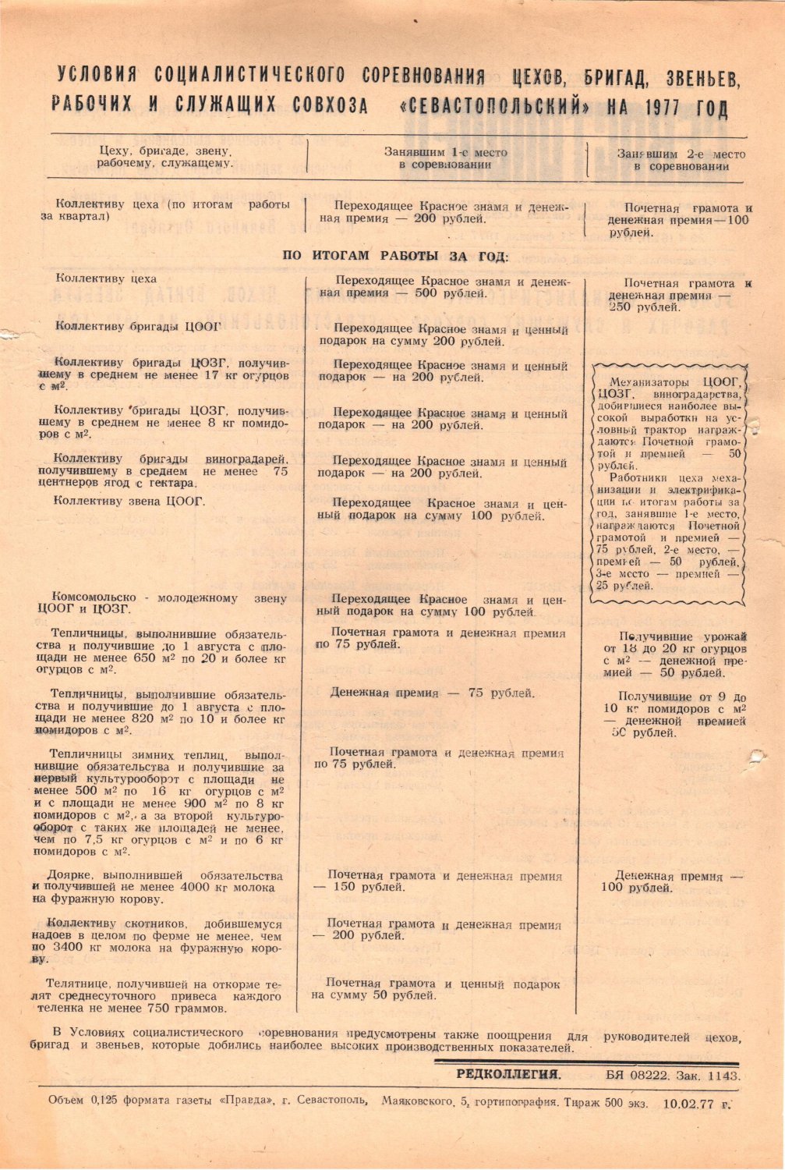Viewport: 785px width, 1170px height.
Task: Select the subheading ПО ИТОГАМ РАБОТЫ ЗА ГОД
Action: point(394,256)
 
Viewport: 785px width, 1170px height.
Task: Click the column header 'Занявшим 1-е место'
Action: point(445,153)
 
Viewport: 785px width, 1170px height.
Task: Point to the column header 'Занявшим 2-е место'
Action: point(681,154)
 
